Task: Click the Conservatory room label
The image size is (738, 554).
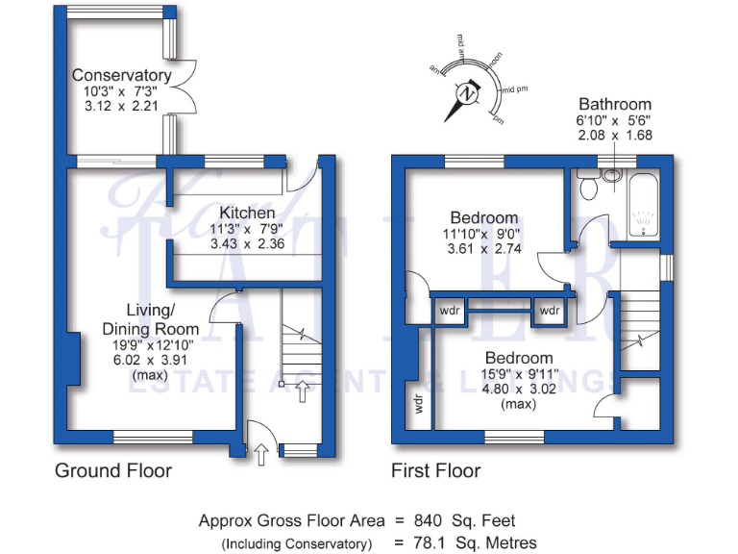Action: click(122, 75)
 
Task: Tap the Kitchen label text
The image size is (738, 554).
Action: click(247, 213)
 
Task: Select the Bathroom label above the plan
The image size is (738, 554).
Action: click(614, 104)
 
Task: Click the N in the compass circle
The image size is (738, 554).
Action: click(467, 95)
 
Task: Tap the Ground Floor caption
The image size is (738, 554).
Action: click(113, 470)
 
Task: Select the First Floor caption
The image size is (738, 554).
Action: click(435, 470)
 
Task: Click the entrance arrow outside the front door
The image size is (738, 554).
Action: click(261, 452)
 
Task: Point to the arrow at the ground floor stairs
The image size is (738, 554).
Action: click(305, 390)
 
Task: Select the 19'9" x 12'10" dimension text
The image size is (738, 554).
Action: click(137, 345)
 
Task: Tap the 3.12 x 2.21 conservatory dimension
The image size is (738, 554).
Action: click(122, 105)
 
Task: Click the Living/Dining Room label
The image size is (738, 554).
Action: click(138, 319)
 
